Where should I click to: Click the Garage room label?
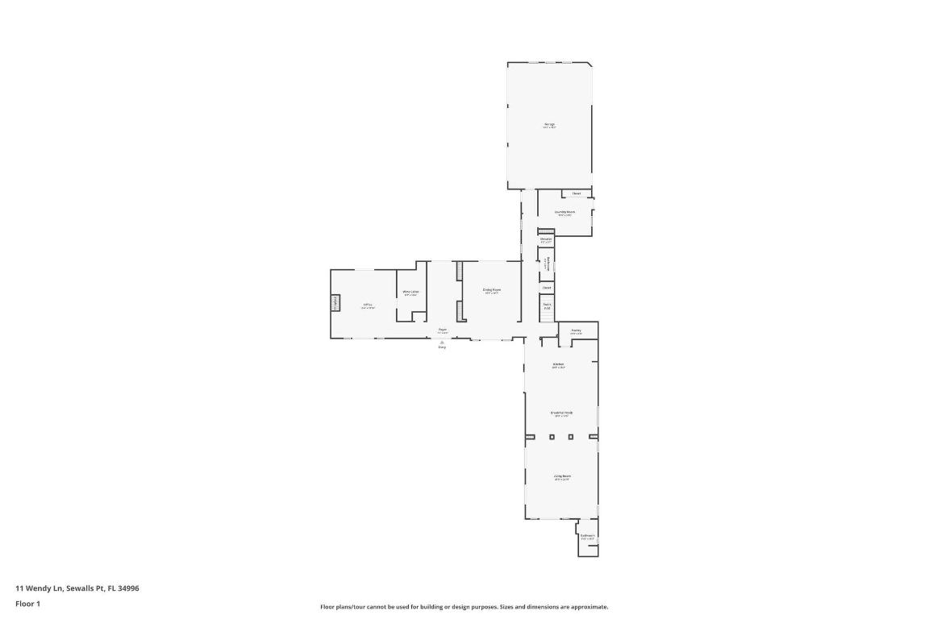point(549,124)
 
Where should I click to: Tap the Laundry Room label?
point(564,213)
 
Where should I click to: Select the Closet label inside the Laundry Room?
point(577,193)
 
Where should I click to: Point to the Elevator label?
point(546,239)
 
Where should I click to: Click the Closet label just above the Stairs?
point(547,288)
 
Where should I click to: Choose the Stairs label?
point(547,305)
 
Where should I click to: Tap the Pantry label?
point(576,330)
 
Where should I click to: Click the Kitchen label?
point(558,365)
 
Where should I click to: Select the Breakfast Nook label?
point(560,413)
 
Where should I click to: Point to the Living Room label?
point(562,477)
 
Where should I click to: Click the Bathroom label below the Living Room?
point(587,536)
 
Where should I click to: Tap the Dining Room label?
point(492,290)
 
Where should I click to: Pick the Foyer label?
point(443,330)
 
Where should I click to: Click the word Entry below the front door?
point(442,347)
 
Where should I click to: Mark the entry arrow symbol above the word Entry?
point(442,342)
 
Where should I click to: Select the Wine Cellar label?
point(410,293)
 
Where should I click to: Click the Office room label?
point(368,305)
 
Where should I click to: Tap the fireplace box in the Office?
point(335,302)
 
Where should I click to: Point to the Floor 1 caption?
point(27,604)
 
